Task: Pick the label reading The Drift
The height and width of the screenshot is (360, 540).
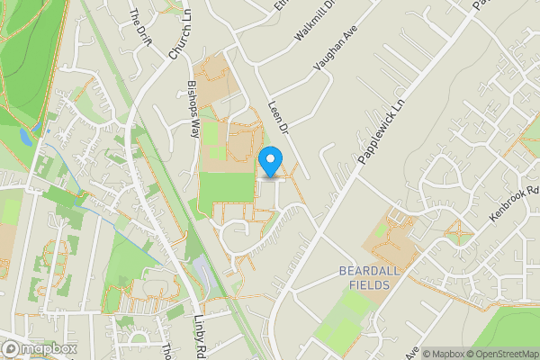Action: coord(141,27)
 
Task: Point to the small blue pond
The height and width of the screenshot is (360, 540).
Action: coord(24,137)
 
